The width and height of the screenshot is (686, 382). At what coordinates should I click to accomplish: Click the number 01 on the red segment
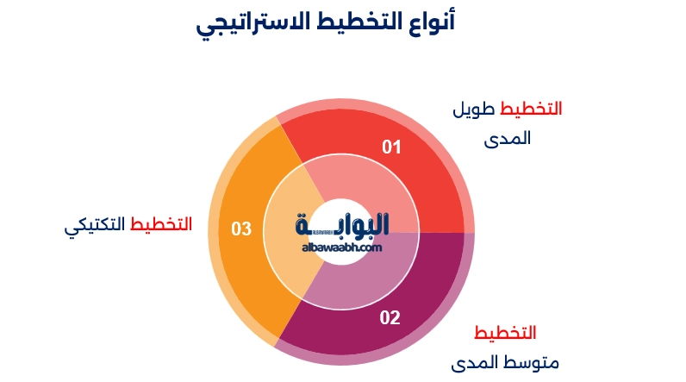coord(392,147)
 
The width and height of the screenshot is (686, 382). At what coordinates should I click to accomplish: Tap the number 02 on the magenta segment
coord(390,317)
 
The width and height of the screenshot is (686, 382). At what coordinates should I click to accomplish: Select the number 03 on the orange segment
coord(241,229)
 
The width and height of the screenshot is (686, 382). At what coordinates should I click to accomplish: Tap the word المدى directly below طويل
coord(508,138)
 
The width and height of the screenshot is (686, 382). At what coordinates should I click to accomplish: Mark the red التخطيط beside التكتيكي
coord(161,225)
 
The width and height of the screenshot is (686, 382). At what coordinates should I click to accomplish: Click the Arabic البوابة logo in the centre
coord(342,223)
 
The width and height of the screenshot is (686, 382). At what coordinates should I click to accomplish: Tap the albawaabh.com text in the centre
coord(342,247)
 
